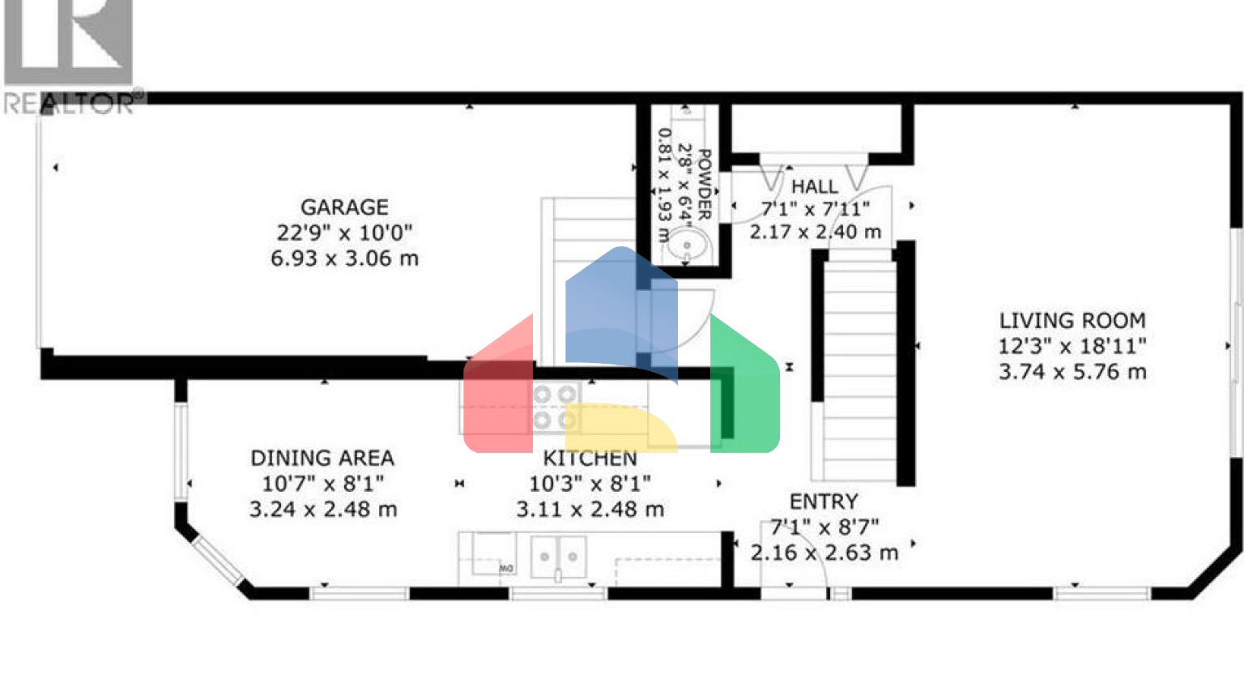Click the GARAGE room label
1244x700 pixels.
coord(344,207)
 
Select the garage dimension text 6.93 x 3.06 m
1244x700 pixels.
coord(344,259)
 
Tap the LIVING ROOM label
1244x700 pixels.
coord(1071,321)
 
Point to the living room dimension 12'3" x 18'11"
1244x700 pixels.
coord(1071,347)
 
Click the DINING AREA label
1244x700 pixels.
coord(322,459)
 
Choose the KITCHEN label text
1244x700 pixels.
coord(590,459)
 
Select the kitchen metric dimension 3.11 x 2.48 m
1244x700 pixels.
coord(590,510)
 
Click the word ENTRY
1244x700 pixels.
coord(823,502)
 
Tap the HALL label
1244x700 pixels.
coord(814,186)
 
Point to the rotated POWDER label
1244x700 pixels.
coord(704,185)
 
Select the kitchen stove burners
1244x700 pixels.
coord(555,407)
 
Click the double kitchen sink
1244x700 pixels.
coord(558,557)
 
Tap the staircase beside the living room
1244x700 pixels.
coord(857,365)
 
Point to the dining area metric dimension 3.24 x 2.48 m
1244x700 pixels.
coord(322,510)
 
